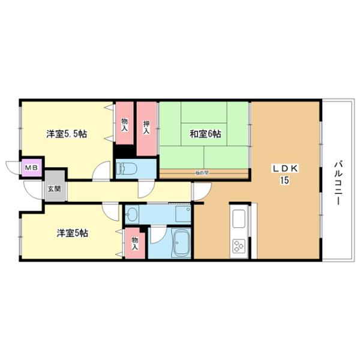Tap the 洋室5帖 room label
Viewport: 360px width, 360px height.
[73, 233]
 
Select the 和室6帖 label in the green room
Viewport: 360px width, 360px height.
[206, 134]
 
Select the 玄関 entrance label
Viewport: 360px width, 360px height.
[54, 188]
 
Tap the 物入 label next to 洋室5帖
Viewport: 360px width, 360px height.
[134, 244]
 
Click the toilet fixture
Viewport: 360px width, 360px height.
[133, 169]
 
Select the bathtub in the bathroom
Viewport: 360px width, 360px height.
[179, 243]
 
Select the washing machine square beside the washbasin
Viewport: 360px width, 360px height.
[182, 213]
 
